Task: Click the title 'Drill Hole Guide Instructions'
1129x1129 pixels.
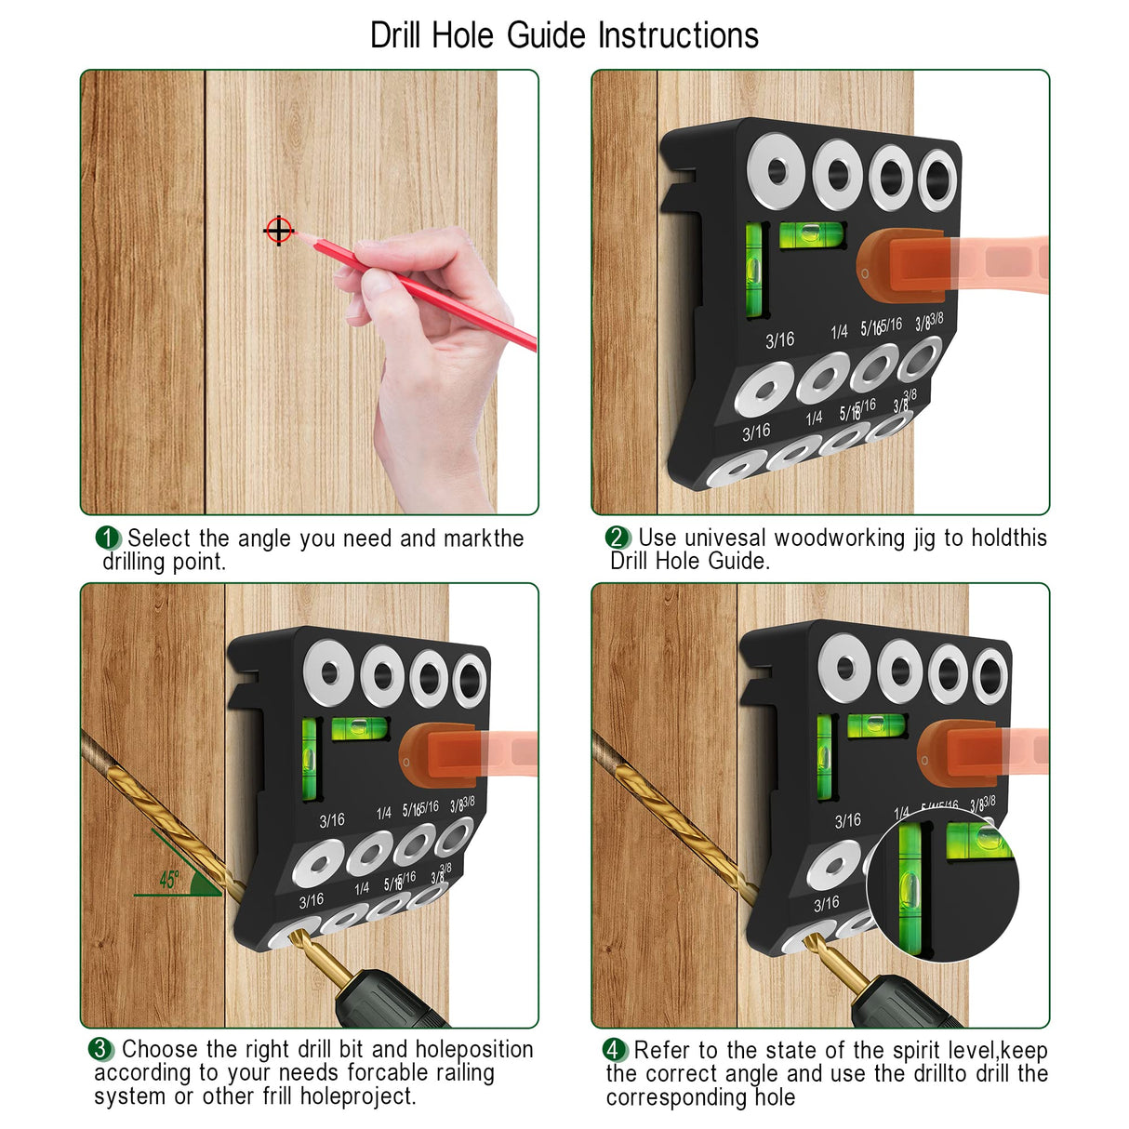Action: click(x=564, y=35)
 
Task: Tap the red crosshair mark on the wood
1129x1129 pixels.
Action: click(x=279, y=230)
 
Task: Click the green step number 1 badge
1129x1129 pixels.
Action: click(x=108, y=538)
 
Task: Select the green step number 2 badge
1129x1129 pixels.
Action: click(x=618, y=538)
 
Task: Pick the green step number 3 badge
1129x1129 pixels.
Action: click(x=100, y=1049)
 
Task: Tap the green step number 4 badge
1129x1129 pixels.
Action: click(x=614, y=1050)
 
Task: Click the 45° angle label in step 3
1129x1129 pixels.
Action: click(x=169, y=880)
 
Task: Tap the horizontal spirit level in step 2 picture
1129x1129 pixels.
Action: click(x=811, y=233)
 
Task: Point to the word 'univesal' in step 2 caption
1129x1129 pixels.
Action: click(x=725, y=538)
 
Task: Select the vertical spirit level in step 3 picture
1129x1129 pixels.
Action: click(x=310, y=757)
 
